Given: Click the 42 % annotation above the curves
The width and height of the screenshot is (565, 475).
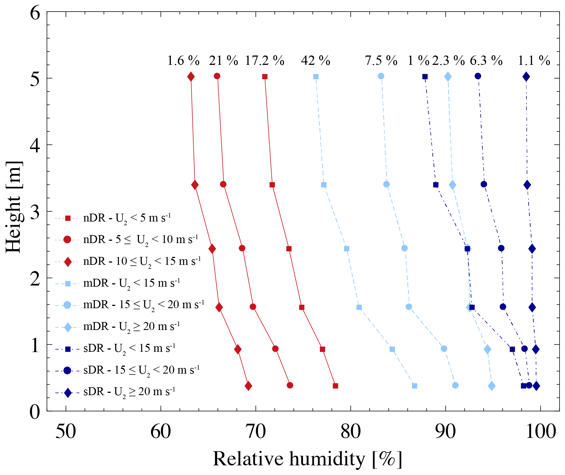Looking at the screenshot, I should [316, 61].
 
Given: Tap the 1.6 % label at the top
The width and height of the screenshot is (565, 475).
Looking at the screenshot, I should [183, 61].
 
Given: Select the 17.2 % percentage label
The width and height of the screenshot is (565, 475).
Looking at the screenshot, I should [264, 61].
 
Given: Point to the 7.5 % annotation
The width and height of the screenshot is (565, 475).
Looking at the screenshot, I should [381, 61].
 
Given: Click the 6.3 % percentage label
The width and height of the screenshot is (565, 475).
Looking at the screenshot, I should [486, 61].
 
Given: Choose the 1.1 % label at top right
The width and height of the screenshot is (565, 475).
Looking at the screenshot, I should [534, 61].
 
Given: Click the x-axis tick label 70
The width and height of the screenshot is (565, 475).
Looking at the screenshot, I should [256, 432].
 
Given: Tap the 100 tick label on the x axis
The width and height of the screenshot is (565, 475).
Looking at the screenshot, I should [541, 432].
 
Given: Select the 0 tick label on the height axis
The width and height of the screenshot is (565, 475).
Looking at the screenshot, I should [35, 412].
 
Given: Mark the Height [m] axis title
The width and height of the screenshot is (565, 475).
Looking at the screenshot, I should [14, 207].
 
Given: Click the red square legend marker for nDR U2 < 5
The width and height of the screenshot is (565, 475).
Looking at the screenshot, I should [68, 218].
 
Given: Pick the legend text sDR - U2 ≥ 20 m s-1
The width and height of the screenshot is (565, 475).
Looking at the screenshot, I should [129, 392].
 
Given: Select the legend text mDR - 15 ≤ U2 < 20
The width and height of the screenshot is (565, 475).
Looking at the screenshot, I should [144, 305].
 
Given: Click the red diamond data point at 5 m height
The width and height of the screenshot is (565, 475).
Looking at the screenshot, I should [191, 76].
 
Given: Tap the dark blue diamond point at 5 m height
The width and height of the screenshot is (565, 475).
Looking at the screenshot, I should [526, 76].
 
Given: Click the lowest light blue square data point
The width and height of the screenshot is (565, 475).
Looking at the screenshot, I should [414, 386].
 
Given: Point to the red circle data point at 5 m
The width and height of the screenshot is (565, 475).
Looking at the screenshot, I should [217, 76].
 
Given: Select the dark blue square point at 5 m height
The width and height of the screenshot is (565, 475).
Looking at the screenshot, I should [425, 76].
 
